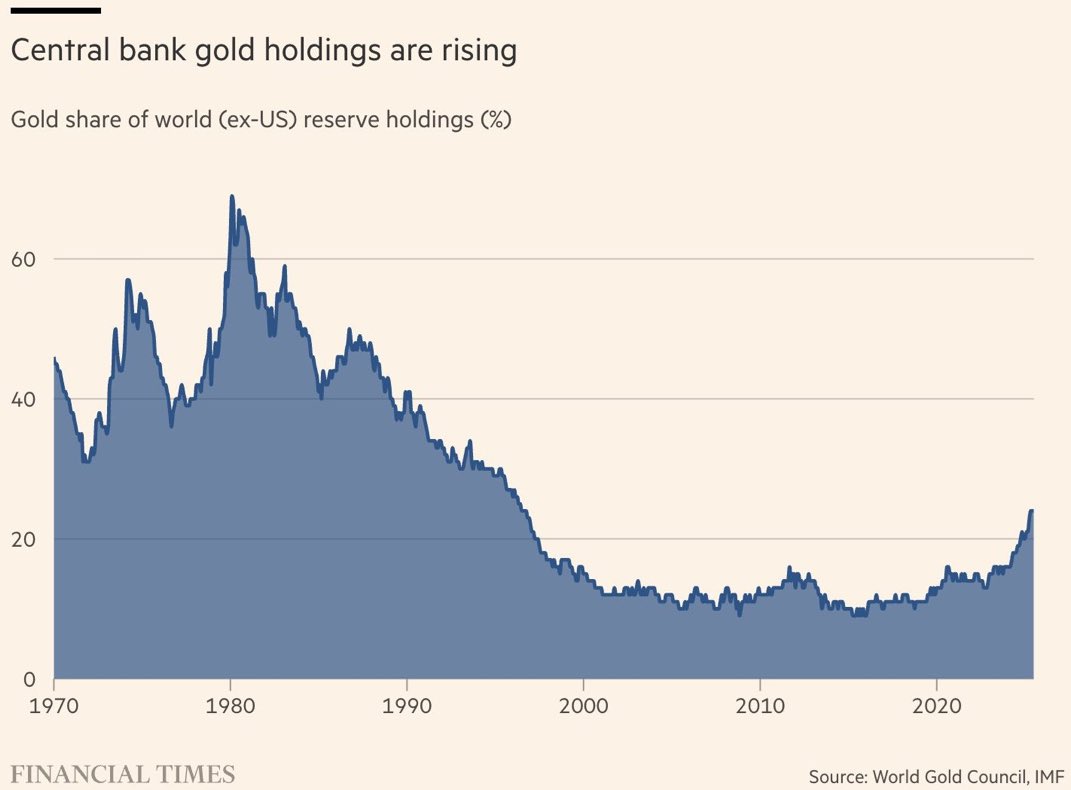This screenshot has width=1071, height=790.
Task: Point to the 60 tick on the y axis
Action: click(x=24, y=259)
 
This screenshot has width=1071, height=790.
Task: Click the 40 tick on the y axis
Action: click(x=24, y=399)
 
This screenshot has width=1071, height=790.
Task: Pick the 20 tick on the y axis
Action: click(x=24, y=539)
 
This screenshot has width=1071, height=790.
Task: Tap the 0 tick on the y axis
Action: click(x=30, y=679)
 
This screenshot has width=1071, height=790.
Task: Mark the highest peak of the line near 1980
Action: click(x=232, y=196)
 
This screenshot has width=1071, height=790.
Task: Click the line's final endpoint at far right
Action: click(x=1032, y=511)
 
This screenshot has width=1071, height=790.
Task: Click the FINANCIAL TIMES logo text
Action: click(x=123, y=773)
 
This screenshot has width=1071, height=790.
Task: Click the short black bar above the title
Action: click(x=56, y=10)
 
